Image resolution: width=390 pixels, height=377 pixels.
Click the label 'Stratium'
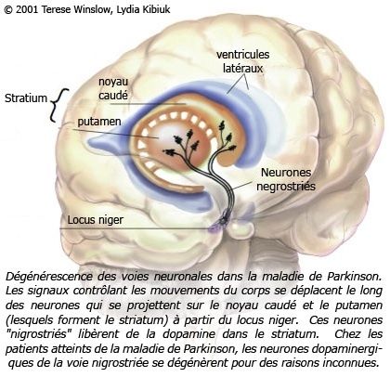click(26, 98)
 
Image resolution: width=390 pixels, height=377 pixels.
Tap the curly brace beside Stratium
click(58, 105)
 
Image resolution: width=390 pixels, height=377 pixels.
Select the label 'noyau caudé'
click(113, 89)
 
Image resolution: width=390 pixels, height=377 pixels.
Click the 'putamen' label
click(99, 122)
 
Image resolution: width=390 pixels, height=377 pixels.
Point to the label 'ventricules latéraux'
click(243, 61)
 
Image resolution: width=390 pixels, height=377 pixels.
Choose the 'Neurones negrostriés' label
click(286, 179)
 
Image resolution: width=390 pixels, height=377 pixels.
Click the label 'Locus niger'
click(96, 220)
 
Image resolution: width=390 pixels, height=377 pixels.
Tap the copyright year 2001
click(27, 9)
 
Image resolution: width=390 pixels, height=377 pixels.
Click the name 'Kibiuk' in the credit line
click(156, 9)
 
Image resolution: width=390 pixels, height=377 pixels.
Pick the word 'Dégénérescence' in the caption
click(49, 277)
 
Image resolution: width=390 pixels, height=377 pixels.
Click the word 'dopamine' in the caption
click(188, 334)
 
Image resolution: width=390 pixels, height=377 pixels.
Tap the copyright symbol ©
click(8, 10)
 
